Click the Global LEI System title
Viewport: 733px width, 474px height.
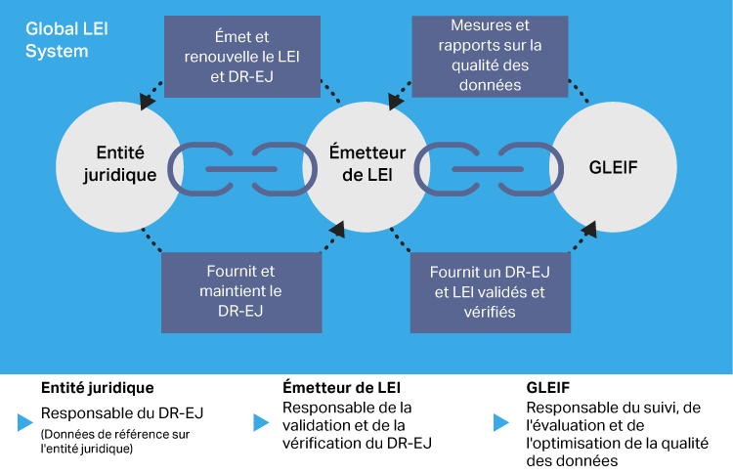tap(66, 40)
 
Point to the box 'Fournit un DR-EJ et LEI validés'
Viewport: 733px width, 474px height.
tap(489, 290)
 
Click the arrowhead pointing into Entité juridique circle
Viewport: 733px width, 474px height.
tap(146, 101)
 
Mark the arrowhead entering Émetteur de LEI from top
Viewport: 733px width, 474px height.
tap(393, 101)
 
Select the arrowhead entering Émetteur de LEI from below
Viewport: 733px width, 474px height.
tap(337, 230)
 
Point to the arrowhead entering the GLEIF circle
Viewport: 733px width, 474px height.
tap(591, 230)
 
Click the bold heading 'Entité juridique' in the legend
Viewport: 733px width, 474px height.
tap(97, 387)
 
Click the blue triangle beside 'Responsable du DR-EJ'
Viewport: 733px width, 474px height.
tap(24, 422)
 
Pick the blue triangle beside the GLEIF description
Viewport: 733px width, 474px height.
tap(500, 422)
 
